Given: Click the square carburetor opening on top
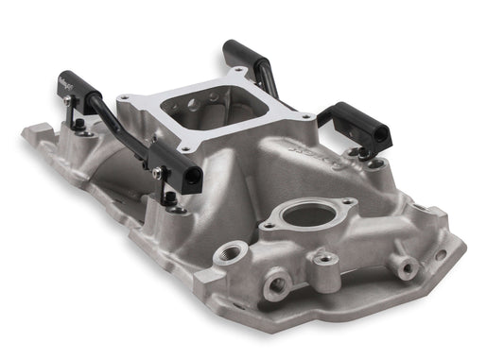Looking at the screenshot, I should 216,115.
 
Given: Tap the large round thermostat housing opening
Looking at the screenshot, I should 304,215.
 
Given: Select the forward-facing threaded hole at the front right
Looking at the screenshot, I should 407,268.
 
